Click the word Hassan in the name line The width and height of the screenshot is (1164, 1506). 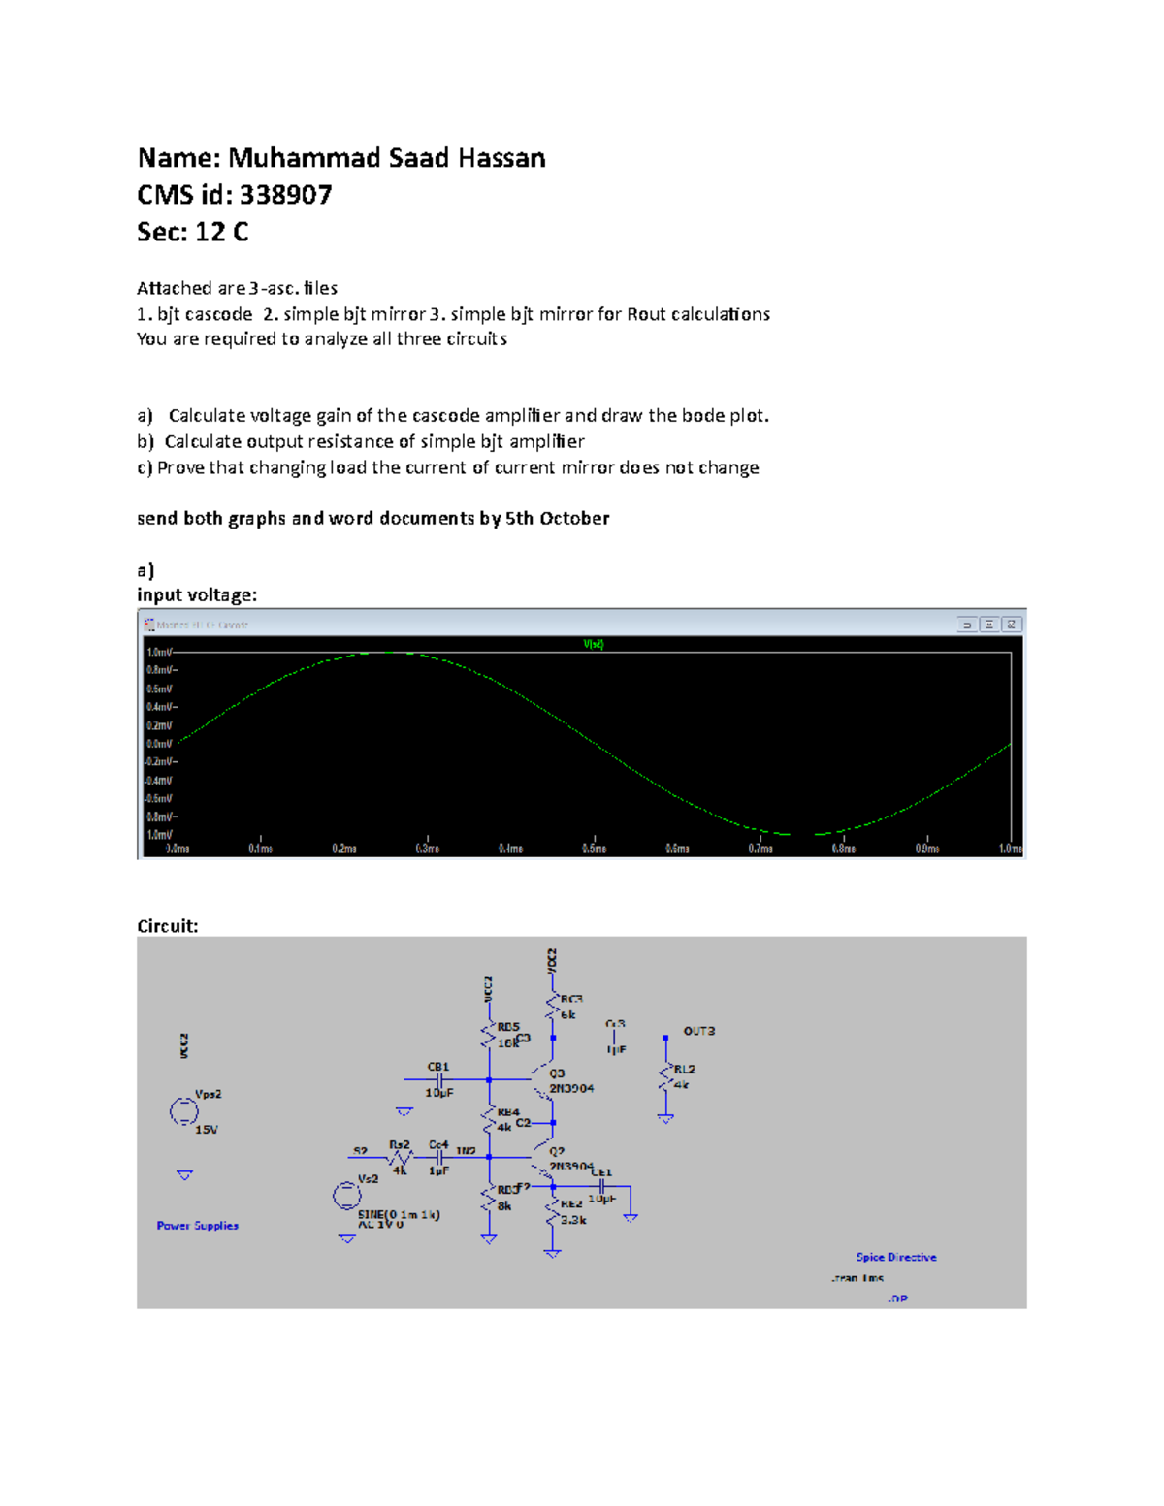[501, 158]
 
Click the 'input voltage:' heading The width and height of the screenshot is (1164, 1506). [197, 594]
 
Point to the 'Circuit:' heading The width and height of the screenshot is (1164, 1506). [168, 926]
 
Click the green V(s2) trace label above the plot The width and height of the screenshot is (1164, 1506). [594, 644]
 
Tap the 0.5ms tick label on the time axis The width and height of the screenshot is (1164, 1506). [594, 849]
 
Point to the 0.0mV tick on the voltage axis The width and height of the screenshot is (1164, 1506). [159, 744]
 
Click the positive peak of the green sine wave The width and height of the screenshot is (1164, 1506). [388, 653]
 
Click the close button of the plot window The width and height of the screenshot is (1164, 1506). [1011, 625]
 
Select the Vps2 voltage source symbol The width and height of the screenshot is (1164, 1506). [183, 1111]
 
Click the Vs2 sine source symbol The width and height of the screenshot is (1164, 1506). [346, 1196]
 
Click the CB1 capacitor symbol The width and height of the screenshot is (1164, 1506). [439, 1078]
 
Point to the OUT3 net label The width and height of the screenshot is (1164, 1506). [698, 1031]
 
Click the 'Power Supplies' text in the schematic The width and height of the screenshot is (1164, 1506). [197, 1226]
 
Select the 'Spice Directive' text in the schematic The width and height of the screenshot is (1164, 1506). [895, 1257]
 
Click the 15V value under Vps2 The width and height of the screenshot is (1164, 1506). [207, 1130]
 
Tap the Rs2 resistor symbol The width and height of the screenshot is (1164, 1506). [400, 1157]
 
